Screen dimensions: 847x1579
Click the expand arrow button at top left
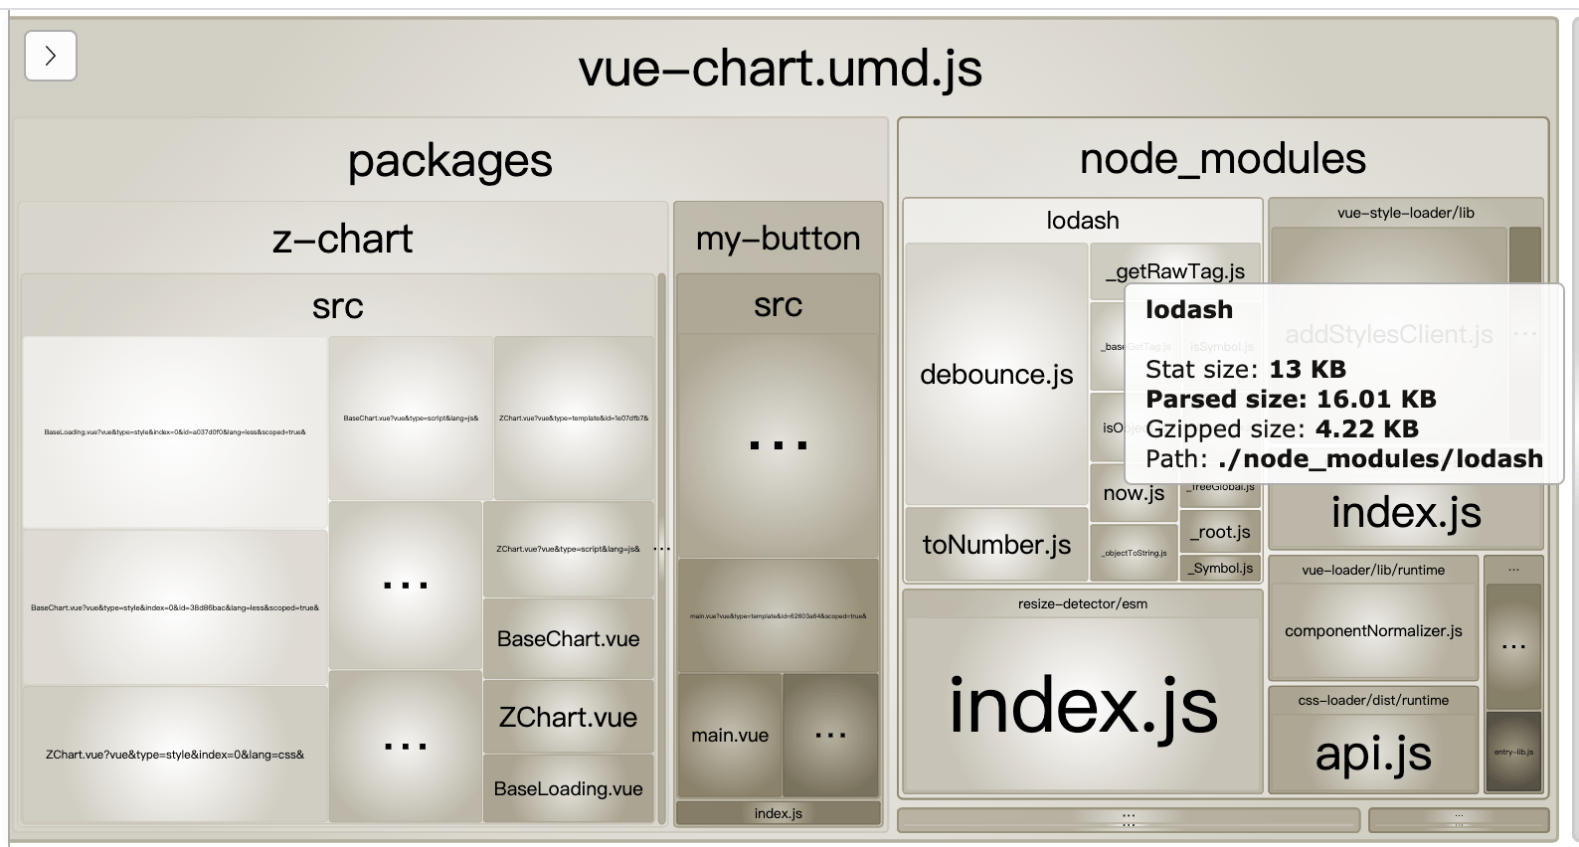click(51, 56)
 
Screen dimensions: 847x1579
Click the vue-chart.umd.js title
click(780, 69)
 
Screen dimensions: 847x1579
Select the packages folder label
click(449, 161)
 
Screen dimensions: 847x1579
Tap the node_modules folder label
click(1222, 159)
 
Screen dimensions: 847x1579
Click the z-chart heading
click(342, 239)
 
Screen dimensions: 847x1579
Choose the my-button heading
click(778, 239)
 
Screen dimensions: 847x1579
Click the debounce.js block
click(996, 375)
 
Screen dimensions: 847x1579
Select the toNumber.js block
click(996, 545)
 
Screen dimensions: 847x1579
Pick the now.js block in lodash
click(1134, 493)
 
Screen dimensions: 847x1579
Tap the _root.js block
click(1220, 532)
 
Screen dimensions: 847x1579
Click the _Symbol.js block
click(1220, 568)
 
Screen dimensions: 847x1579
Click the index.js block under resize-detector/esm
click(1083, 706)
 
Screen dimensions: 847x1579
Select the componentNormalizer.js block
click(1373, 631)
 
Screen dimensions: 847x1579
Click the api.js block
click(1373, 754)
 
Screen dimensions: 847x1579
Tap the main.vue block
click(730, 736)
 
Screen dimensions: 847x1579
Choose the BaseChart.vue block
click(568, 639)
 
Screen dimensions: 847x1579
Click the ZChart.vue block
click(568, 717)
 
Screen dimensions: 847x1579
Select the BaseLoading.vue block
click(568, 788)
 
